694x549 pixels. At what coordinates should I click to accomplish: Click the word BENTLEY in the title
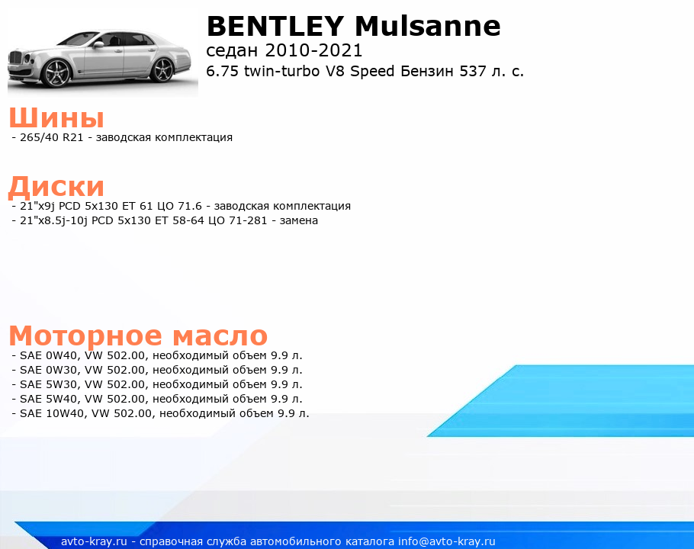coord(275,26)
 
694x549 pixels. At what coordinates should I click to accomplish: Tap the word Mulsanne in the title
coord(428,26)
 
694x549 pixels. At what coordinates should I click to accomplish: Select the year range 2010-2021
coord(313,50)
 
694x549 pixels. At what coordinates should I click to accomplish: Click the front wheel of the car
coord(57,73)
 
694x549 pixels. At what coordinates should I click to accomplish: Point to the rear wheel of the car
coord(163,69)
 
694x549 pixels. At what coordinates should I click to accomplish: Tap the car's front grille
coord(15,59)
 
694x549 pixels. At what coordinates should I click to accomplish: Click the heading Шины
coord(56,117)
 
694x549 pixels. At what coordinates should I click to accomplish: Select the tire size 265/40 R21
coord(52,137)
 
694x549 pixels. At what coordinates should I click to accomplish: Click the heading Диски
coord(56,186)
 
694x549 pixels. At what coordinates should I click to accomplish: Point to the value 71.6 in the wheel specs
coord(189,206)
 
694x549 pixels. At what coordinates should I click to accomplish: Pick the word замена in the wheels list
coord(299,221)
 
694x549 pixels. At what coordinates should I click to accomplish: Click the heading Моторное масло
coord(138,335)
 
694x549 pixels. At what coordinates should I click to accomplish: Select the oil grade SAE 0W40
coord(49,355)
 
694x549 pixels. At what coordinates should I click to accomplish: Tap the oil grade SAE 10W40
coord(52,413)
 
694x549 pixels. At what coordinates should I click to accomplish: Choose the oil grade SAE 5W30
coord(49,384)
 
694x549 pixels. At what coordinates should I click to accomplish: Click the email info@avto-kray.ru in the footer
coord(447,541)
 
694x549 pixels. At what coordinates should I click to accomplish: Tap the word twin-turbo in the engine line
coord(282,71)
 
